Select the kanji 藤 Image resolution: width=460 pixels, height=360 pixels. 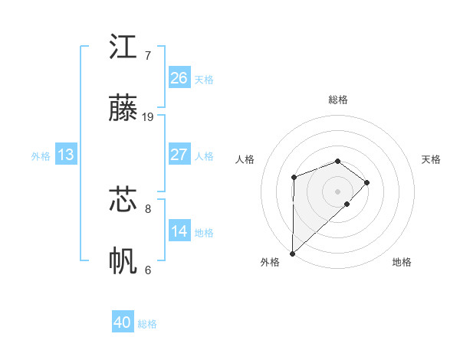(x=123, y=109)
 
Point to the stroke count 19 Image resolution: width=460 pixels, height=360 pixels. (x=148, y=117)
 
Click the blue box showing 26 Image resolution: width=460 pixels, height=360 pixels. (x=179, y=78)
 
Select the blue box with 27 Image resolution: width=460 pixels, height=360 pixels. (x=179, y=155)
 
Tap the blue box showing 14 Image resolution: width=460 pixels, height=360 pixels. (x=179, y=231)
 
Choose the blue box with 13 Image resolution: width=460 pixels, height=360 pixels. (x=65, y=155)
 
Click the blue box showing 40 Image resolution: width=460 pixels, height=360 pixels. (x=123, y=322)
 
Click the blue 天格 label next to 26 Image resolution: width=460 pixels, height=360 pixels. (x=204, y=79)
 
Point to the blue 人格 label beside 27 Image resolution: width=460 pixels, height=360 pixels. (x=204, y=155)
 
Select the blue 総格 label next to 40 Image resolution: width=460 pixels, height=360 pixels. (x=147, y=323)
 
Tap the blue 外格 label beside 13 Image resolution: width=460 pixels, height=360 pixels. (x=41, y=155)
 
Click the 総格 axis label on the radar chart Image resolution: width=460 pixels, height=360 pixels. (x=338, y=100)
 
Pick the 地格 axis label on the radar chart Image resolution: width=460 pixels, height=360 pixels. (x=402, y=262)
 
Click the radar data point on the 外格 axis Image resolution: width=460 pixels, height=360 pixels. (x=292, y=253)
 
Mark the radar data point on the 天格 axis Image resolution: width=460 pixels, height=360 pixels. (x=368, y=182)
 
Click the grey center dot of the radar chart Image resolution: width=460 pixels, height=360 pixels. (x=338, y=191)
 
